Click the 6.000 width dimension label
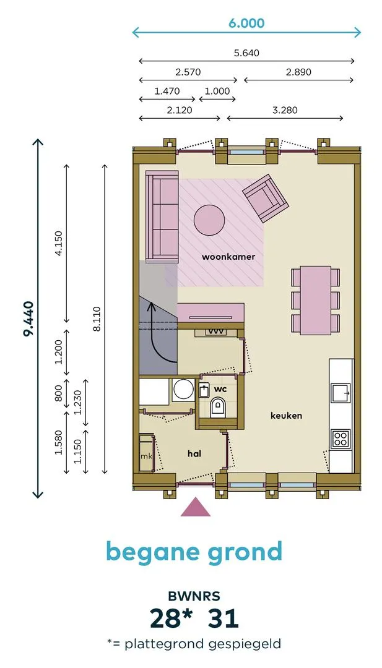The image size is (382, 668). pyautogui.click(x=246, y=23)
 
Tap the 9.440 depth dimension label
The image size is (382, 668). pyautogui.click(x=28, y=319)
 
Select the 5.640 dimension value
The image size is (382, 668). pyautogui.click(x=246, y=53)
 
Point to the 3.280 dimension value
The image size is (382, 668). pyautogui.click(x=285, y=110)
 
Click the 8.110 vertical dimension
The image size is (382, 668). pyautogui.click(x=97, y=319)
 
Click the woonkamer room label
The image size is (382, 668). pyautogui.click(x=228, y=257)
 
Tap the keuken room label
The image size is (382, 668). pyautogui.click(x=287, y=416)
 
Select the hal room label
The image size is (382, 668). pyautogui.click(x=194, y=454)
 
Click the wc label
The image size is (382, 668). pyautogui.click(x=220, y=390)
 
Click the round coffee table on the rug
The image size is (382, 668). pyautogui.click(x=209, y=220)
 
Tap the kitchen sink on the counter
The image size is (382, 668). pyautogui.click(x=341, y=392)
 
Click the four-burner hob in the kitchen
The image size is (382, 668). pyautogui.click(x=341, y=438)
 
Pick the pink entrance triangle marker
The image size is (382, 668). pyautogui.click(x=196, y=507)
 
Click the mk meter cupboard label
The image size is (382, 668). pyautogui.click(x=147, y=456)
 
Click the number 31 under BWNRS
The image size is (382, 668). pyautogui.click(x=223, y=618)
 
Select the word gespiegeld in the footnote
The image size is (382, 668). pyautogui.click(x=245, y=644)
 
